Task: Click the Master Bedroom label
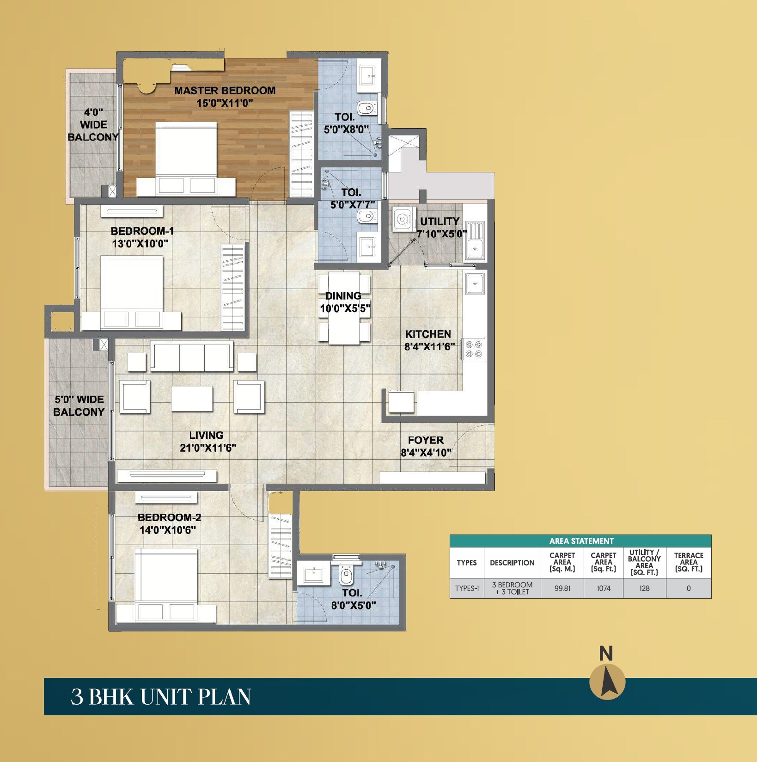point(225,91)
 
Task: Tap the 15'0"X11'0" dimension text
point(225,103)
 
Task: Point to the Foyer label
point(426,440)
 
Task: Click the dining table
point(344,308)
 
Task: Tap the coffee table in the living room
point(192,399)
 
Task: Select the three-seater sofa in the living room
point(192,356)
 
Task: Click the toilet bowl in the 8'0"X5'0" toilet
point(346,575)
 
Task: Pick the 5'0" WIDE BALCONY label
point(79,406)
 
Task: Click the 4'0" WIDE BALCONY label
point(93,124)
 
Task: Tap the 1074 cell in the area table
point(603,588)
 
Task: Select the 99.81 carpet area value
point(562,588)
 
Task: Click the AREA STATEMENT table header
point(580,541)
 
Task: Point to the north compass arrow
point(607,682)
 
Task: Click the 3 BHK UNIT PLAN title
point(160,697)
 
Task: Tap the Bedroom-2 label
point(169,517)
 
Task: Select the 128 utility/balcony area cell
point(644,588)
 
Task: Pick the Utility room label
point(440,221)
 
